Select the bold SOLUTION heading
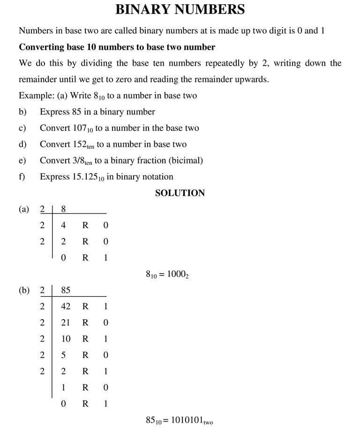(x=180, y=193)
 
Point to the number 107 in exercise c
(x=80, y=128)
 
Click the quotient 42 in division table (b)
(x=66, y=306)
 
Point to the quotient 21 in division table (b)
(x=66, y=322)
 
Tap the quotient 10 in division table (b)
(x=66, y=339)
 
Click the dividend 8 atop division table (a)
(x=64, y=209)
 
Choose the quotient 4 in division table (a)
(x=64, y=225)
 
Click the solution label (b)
(x=24, y=290)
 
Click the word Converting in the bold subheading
(x=40, y=47)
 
